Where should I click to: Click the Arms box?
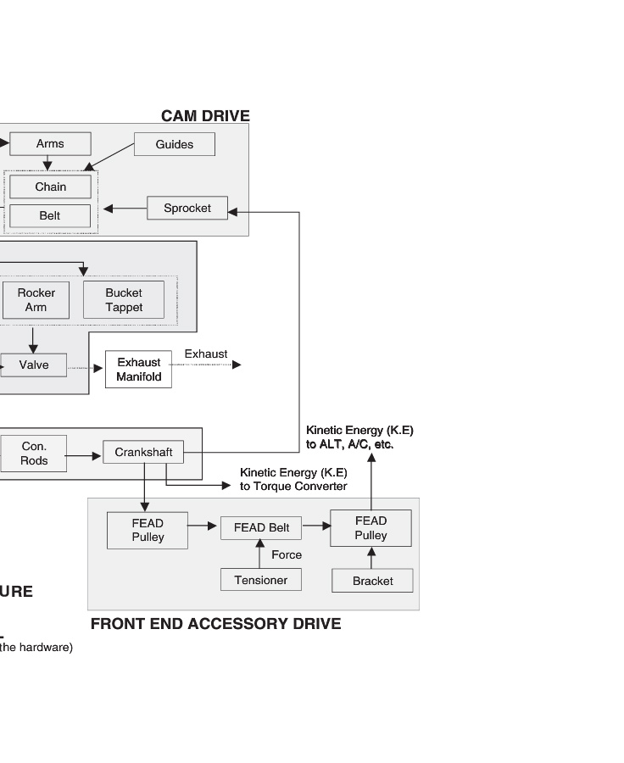50,144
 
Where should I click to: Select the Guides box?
174,145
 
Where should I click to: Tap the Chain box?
50,187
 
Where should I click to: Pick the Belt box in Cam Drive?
50,216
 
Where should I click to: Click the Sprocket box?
187,209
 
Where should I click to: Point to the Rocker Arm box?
36,300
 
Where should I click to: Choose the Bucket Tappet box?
124,300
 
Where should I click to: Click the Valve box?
34,365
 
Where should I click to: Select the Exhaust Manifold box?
138,370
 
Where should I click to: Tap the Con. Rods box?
34,454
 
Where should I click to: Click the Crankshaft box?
143,453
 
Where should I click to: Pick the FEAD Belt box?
261,528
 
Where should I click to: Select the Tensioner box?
261,581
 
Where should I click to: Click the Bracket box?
372,582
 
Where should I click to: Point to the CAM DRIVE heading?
205,116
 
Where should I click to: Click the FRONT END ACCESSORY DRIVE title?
215,625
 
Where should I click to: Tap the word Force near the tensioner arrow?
287,555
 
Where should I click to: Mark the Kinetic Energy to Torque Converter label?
293,480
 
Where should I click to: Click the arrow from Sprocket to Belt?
124,209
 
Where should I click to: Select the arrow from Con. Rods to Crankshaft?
85,456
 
